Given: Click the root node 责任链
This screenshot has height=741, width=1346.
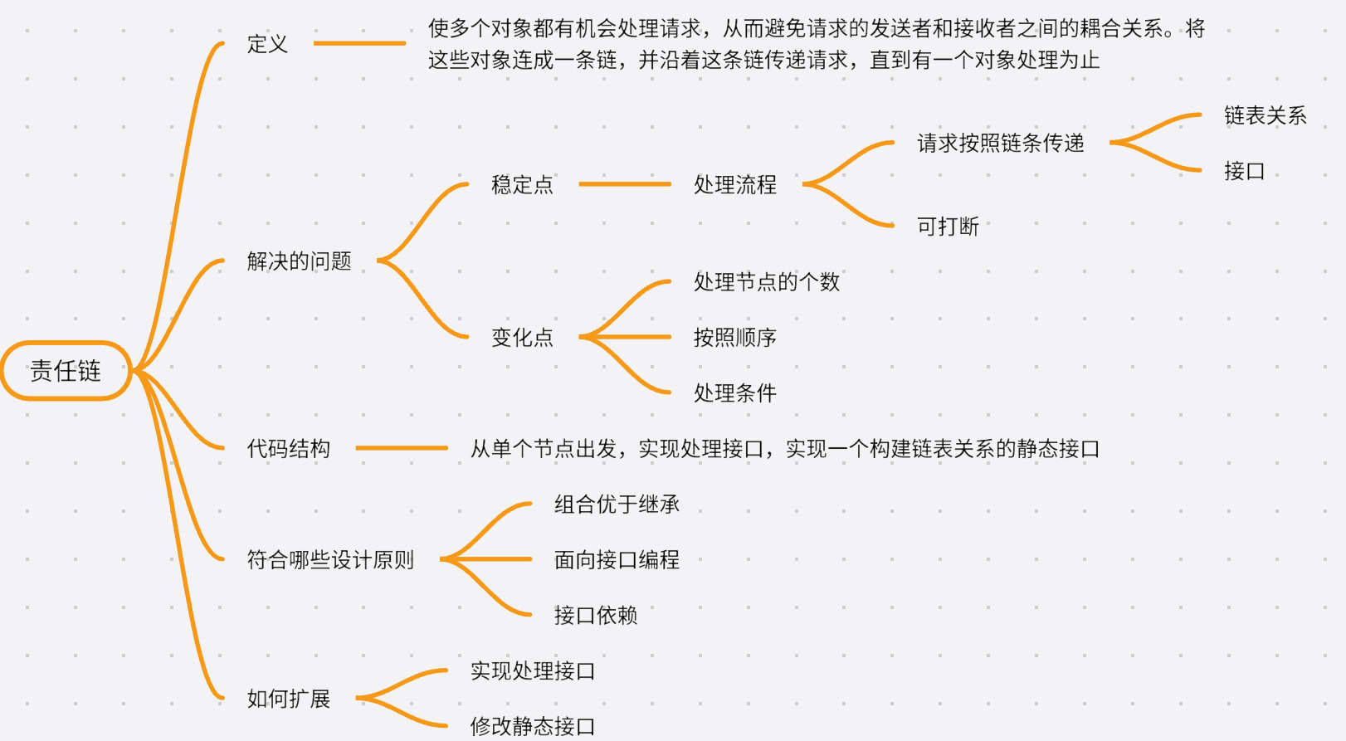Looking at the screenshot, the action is tap(66, 370).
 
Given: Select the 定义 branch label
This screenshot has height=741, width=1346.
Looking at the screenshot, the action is tap(267, 44).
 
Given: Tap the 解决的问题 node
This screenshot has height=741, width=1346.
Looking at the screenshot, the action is tap(300, 261).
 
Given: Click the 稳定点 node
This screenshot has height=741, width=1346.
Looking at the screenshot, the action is tap(522, 184).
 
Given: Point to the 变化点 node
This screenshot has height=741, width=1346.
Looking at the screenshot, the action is tap(522, 338).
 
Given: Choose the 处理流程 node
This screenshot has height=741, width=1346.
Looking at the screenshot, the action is tap(735, 184).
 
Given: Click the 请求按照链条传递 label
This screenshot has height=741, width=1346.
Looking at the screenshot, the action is tap(1001, 143).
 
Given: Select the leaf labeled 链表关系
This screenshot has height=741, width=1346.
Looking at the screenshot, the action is tap(1266, 115).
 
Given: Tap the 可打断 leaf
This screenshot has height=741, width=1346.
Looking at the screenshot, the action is tap(949, 227).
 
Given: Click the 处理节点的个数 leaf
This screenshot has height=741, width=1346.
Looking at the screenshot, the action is tap(767, 282).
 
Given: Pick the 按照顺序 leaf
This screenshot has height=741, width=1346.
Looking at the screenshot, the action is tap(735, 338).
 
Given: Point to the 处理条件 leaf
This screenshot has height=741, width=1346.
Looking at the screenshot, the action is tap(735, 393).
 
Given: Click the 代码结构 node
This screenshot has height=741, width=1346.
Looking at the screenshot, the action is tap(289, 449).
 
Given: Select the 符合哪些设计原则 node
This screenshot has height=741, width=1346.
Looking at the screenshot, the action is tap(330, 560).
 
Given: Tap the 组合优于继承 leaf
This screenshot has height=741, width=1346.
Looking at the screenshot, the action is tap(617, 505).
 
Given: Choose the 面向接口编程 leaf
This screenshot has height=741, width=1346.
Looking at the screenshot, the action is tap(617, 560).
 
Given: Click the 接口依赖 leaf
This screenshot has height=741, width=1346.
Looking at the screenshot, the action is tap(596, 616).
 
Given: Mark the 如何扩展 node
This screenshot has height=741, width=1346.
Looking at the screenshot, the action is tap(289, 699).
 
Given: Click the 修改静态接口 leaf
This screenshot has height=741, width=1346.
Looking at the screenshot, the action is tap(533, 727).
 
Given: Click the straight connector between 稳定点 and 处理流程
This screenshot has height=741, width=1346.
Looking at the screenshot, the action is tap(625, 184).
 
